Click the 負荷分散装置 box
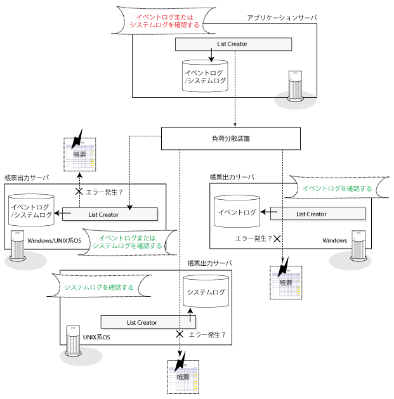coord(230,139)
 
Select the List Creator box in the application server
coord(233,44)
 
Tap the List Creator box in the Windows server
coord(312,214)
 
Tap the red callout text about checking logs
coord(164,20)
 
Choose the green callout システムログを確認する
coord(100,287)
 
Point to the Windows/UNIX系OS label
coord(55,241)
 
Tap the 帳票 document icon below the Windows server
coord(286,278)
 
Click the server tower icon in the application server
coord(294,86)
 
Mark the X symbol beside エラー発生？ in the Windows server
coord(277,239)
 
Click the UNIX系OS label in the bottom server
coord(96,337)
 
